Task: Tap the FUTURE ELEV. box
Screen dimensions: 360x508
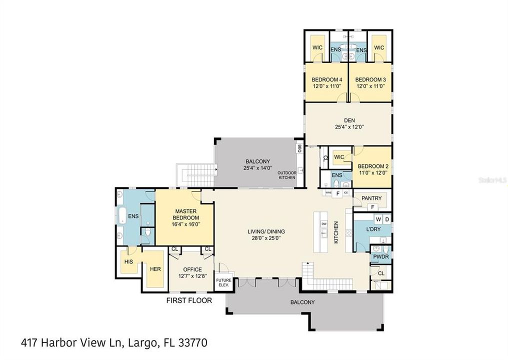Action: (x=222, y=282)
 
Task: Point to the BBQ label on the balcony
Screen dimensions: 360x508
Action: (x=299, y=149)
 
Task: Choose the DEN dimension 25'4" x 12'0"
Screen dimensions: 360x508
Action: (x=348, y=127)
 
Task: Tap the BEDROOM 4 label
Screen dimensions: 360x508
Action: (x=326, y=79)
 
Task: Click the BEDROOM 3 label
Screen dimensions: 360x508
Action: (x=370, y=79)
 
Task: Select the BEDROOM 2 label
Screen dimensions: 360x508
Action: (x=373, y=166)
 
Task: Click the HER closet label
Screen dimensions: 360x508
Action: (x=155, y=269)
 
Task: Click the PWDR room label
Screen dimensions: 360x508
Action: (x=380, y=256)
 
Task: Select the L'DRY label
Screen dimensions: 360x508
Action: (x=373, y=228)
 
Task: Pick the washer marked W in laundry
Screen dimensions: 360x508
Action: (x=378, y=219)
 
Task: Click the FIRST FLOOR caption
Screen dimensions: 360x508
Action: (x=189, y=300)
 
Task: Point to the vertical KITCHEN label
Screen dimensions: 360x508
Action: (x=336, y=232)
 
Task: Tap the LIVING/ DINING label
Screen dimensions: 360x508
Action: (x=266, y=231)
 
